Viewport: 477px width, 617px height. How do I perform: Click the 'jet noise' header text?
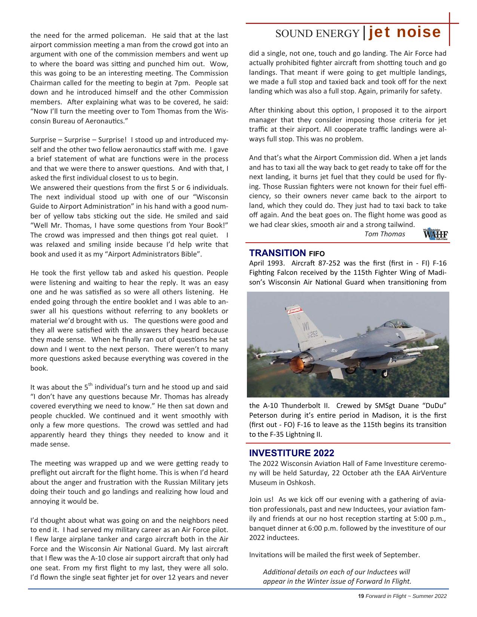(405, 33)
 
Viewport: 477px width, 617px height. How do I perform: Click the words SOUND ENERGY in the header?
(317, 34)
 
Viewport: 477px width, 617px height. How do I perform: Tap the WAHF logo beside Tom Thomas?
(435, 234)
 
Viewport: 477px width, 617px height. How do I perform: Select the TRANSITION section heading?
(278, 253)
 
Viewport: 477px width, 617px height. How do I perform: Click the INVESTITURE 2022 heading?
(291, 453)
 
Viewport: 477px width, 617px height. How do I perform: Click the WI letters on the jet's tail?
(306, 323)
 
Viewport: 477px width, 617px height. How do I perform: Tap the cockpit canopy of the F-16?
(396, 324)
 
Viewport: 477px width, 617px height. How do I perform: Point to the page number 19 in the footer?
(361, 596)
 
